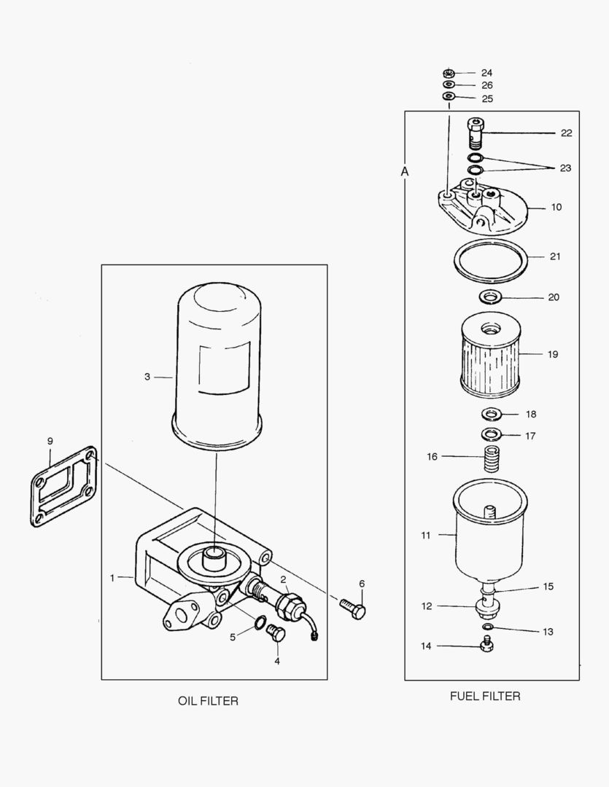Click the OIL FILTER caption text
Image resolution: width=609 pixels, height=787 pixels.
(x=208, y=701)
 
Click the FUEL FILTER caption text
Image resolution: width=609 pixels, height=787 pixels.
(x=485, y=696)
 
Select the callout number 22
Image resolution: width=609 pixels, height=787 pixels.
(x=566, y=133)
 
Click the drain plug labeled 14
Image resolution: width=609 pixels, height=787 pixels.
(x=486, y=643)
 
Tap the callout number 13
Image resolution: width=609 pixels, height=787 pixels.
(x=548, y=632)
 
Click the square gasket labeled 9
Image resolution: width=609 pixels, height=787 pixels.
(x=64, y=487)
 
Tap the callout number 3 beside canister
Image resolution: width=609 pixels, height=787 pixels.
(x=147, y=377)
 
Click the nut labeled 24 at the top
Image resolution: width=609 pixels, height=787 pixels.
(x=449, y=73)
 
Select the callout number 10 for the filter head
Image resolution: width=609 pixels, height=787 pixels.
(x=556, y=207)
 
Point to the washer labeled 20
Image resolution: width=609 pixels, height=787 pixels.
(x=489, y=297)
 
